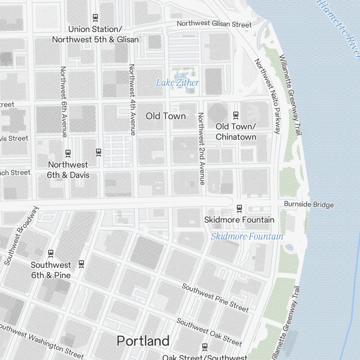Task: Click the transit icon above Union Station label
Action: coord(95,17)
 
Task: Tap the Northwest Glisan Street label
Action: coord(214,24)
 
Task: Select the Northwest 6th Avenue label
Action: coord(64,102)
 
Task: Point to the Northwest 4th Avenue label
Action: coord(132,100)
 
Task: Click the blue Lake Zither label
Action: coord(177,83)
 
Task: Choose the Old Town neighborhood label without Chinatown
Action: coord(166,116)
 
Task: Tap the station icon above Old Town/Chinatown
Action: coord(236,115)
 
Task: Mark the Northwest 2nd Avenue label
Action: coord(201,149)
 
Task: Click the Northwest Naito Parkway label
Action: coord(267,96)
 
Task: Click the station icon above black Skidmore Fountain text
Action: coord(239,208)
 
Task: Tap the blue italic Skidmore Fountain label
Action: coord(247,237)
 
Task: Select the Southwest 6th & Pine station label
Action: coord(51,270)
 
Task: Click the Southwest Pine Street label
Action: coord(215,298)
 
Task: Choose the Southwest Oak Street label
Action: coord(209,332)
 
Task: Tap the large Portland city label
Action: coord(143,341)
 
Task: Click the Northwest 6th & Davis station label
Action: coord(68,170)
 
